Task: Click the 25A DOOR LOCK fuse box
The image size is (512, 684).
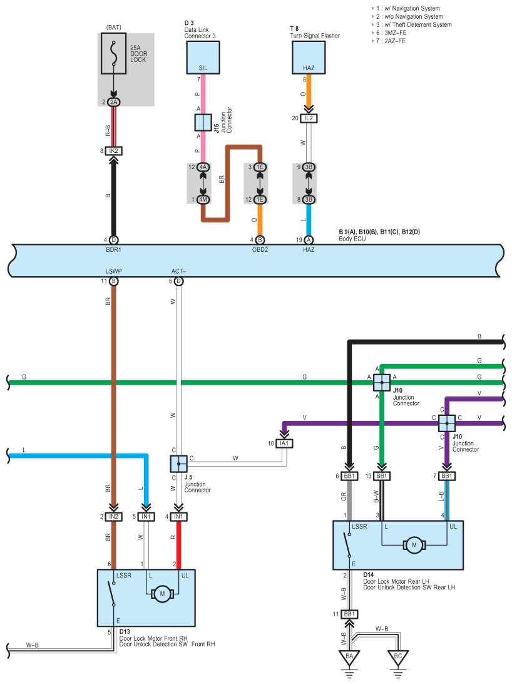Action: (x=113, y=54)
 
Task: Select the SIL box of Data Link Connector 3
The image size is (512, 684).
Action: (x=203, y=58)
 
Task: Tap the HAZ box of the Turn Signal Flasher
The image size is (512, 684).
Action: (x=309, y=58)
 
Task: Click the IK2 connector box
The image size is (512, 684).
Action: (x=113, y=151)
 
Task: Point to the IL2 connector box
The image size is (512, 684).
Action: (x=308, y=118)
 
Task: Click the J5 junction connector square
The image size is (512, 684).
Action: (x=178, y=464)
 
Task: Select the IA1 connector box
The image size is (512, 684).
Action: (x=285, y=443)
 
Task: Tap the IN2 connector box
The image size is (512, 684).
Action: (x=113, y=517)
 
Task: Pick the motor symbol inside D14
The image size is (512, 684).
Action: (x=414, y=546)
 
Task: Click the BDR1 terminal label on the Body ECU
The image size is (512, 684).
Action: (x=113, y=249)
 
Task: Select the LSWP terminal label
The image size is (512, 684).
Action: (x=113, y=272)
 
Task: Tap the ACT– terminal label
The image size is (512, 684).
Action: (x=178, y=272)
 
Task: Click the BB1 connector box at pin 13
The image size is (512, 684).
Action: (x=381, y=477)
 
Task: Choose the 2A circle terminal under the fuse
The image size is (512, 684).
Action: (x=113, y=102)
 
